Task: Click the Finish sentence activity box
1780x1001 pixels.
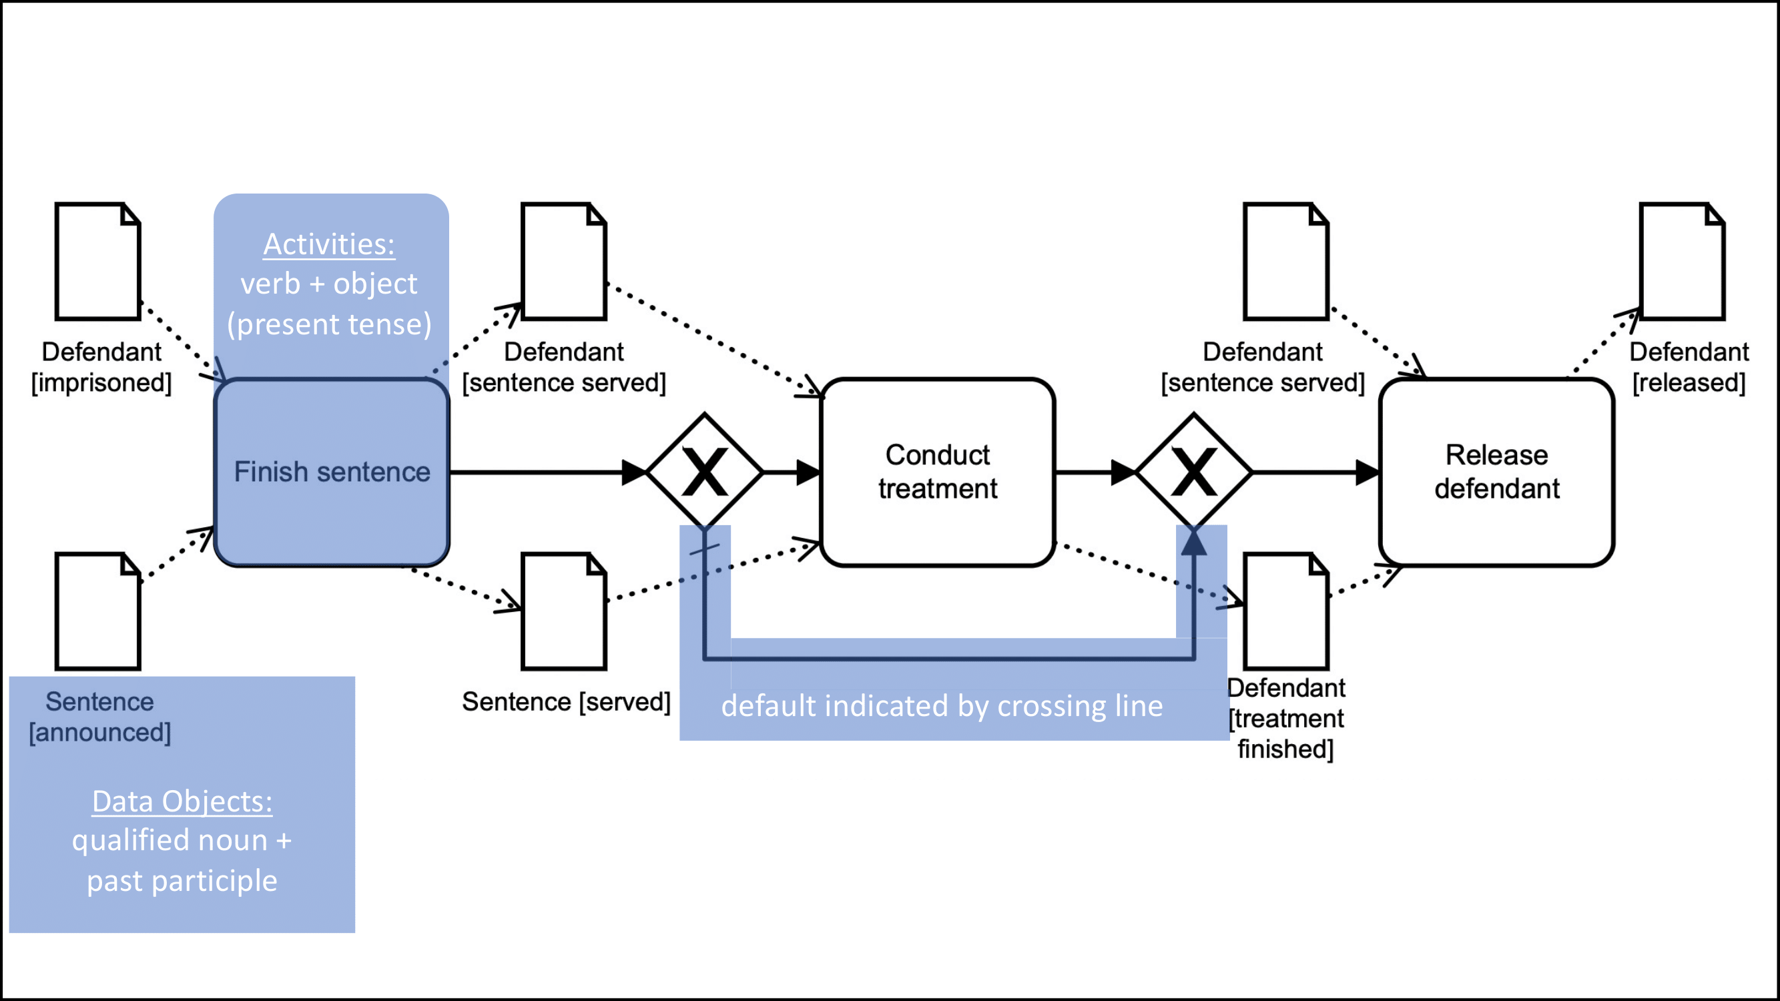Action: coord(332,472)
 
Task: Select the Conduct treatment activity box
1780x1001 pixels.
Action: coord(938,472)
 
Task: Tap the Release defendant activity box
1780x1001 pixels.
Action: coord(1497,472)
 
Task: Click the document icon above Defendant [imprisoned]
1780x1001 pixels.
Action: coord(98,262)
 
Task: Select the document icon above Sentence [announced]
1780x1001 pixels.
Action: coord(98,611)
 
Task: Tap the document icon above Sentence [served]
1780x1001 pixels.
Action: coord(564,611)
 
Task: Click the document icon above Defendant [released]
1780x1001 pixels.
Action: coord(1682,262)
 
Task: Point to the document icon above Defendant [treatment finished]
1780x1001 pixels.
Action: coord(1286,611)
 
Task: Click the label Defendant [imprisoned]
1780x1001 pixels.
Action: coord(101,367)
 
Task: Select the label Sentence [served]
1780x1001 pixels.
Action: coord(566,702)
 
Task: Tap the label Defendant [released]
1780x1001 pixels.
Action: coord(1689,367)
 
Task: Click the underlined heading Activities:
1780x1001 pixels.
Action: coord(329,244)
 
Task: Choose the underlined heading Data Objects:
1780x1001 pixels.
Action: coord(182,801)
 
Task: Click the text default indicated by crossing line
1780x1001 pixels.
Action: coord(942,706)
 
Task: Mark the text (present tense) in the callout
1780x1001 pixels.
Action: coord(330,324)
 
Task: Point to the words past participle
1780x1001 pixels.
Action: coord(182,881)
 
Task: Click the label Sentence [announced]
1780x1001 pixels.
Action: coord(100,717)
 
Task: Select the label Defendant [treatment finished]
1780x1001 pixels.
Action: coord(1286,719)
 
